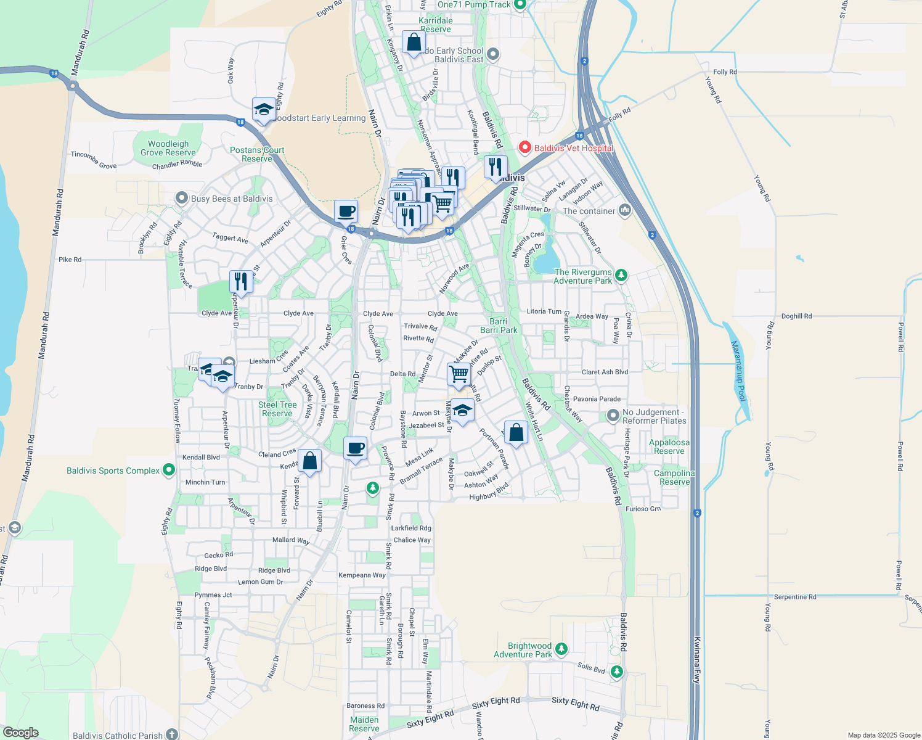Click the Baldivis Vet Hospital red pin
(x=524, y=147)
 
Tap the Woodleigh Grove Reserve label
(x=168, y=148)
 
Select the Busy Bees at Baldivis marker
(x=182, y=199)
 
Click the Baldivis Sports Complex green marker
(x=169, y=471)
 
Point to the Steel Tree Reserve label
(x=277, y=409)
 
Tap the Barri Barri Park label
(x=499, y=326)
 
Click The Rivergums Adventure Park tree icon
(x=621, y=275)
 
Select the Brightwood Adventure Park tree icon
(x=561, y=649)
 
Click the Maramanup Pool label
(x=739, y=371)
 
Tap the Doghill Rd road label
(x=796, y=316)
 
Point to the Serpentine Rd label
(x=794, y=597)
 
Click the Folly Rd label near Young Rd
(x=725, y=72)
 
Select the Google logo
(x=20, y=733)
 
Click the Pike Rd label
(x=70, y=260)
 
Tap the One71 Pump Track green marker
(x=520, y=5)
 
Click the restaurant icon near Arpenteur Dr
(x=240, y=282)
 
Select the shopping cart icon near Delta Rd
(x=459, y=374)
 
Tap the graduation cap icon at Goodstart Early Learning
(x=264, y=110)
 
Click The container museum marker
(x=625, y=211)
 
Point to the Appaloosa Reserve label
(x=669, y=446)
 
